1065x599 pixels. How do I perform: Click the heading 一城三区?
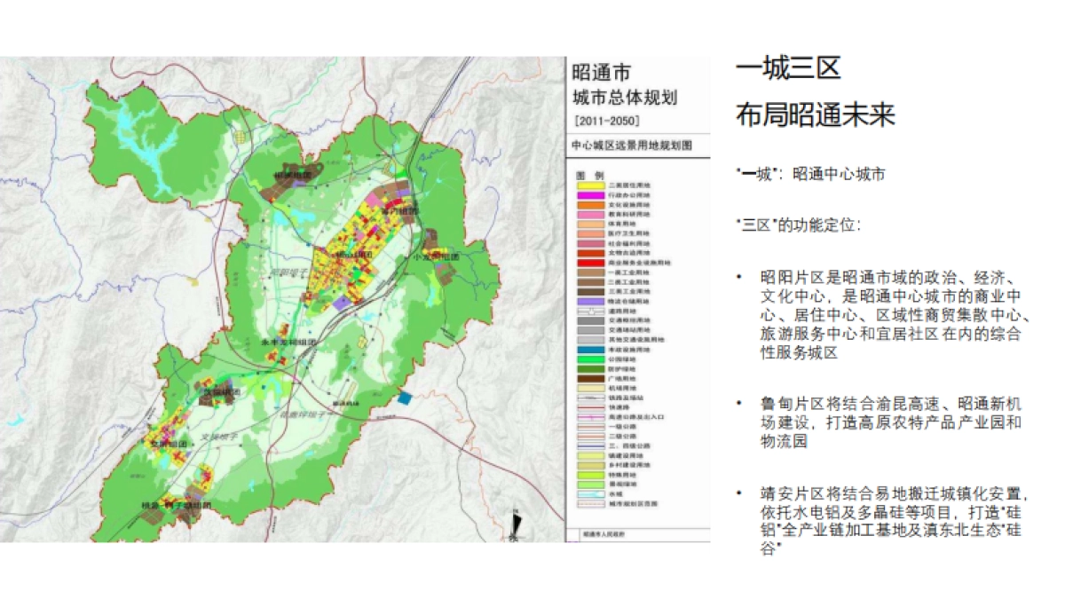(788, 68)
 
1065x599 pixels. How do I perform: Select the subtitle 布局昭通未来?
(815, 115)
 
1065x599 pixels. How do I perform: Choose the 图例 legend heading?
(589, 174)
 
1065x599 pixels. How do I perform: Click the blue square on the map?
(405, 398)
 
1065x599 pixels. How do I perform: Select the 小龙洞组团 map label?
(436, 256)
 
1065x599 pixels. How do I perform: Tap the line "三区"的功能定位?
(797, 225)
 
